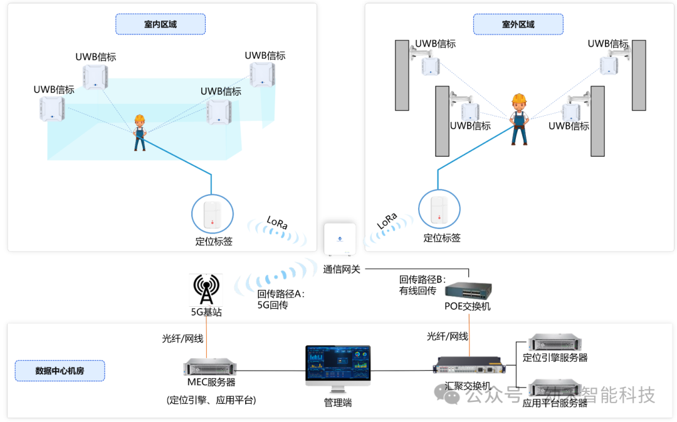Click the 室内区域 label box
tap(160, 24)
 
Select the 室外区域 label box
tap(518, 24)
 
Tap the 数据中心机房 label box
tap(60, 371)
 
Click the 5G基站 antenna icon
tap(206, 289)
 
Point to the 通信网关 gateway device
tap(340, 239)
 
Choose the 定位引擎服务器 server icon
tap(554, 343)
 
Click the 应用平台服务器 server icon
tap(554, 388)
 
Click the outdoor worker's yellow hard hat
tap(518, 100)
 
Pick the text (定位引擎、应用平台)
tap(211, 400)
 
